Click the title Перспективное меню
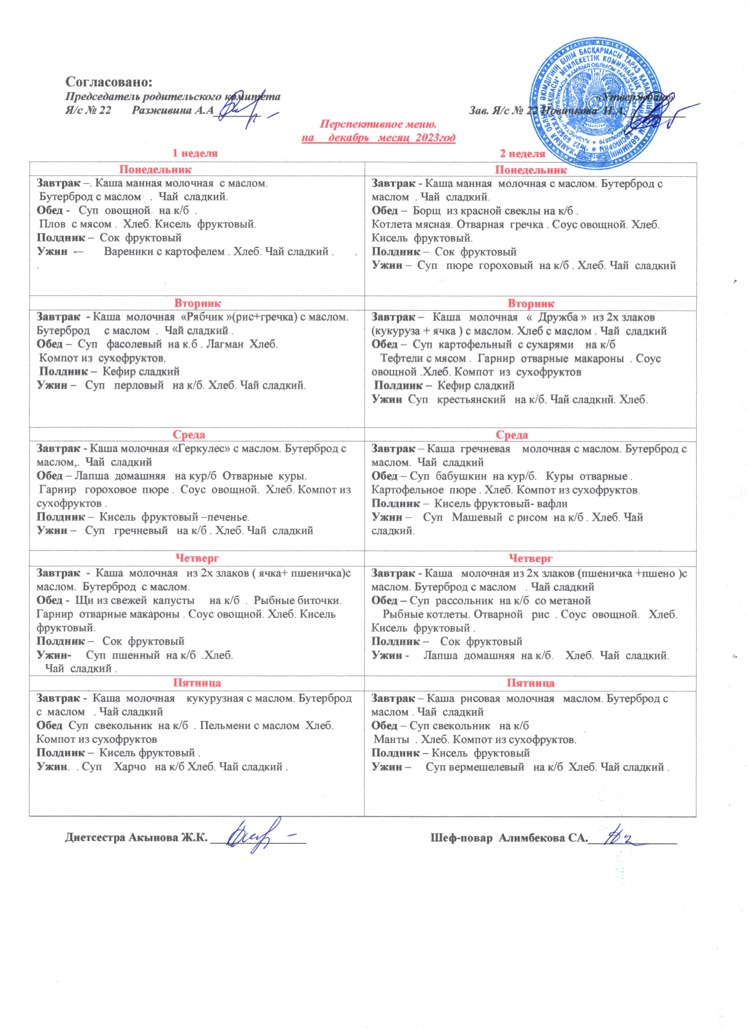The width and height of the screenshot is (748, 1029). point(378,124)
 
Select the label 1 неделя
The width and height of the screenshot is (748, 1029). point(195,153)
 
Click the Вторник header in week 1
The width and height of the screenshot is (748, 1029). point(197,303)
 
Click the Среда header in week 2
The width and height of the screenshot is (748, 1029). point(512,435)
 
